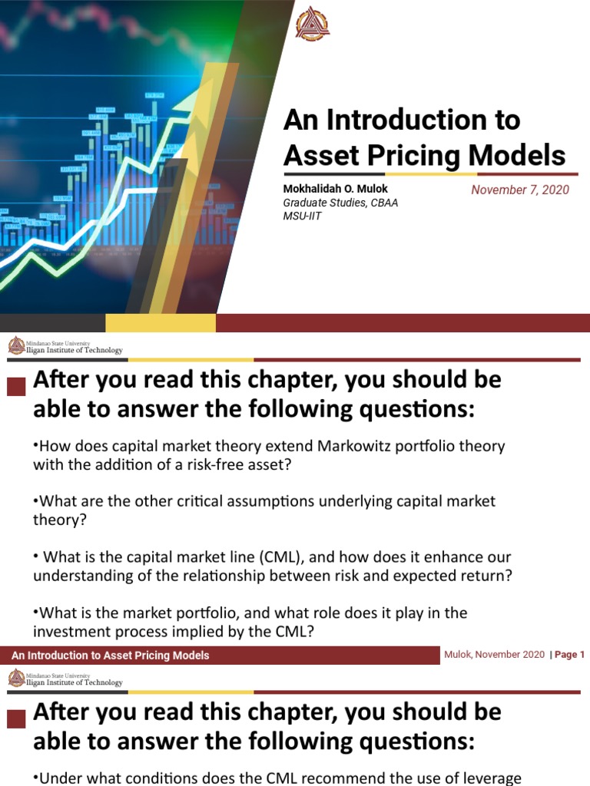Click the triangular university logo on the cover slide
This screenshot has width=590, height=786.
(x=313, y=24)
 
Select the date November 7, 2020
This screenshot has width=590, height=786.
(x=520, y=190)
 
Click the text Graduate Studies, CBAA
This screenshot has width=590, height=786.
(x=341, y=203)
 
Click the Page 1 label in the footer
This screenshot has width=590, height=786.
(x=569, y=655)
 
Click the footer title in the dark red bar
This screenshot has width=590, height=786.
(x=110, y=656)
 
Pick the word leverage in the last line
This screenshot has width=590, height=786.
(x=489, y=778)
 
